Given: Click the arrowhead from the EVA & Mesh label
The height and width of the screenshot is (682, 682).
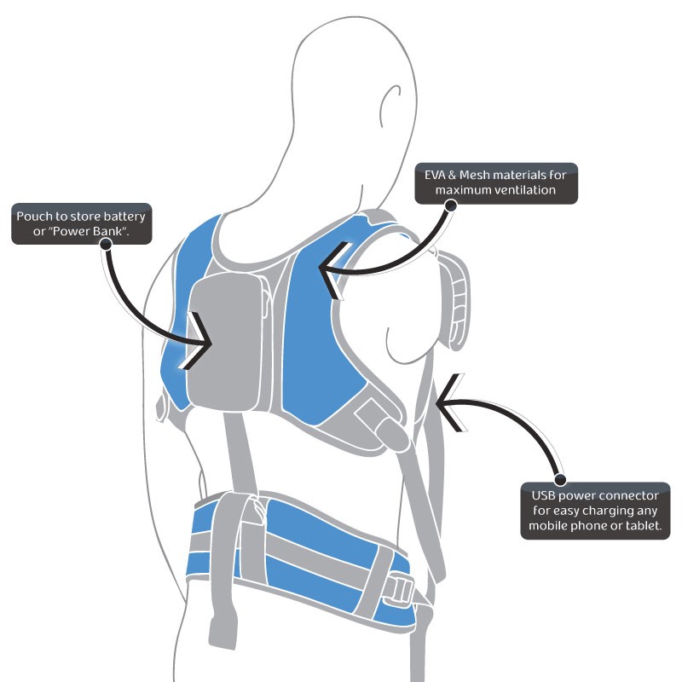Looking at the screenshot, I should tap(328, 270).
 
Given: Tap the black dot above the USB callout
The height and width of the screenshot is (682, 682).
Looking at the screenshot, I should tap(559, 480).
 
